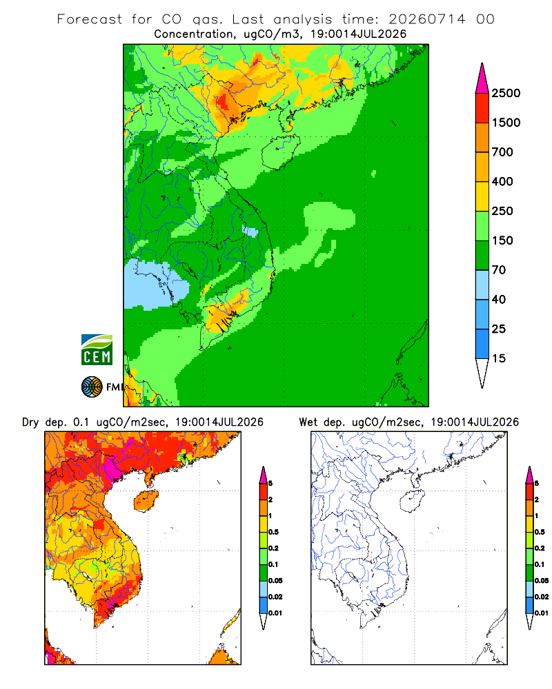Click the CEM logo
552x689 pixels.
pyautogui.click(x=97, y=350)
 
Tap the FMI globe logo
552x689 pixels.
pyautogui.click(x=92, y=387)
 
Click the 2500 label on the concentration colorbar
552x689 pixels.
pyautogui.click(x=506, y=93)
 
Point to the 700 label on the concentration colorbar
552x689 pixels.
pyautogui.click(x=502, y=152)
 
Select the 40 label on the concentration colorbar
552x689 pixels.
pyautogui.click(x=499, y=299)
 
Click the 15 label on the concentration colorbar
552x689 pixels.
pyautogui.click(x=499, y=358)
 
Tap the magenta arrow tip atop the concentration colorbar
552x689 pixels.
pyautogui.click(x=482, y=79)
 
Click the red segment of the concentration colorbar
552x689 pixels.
pyautogui.click(x=482, y=108)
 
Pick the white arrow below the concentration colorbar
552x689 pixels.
pyautogui.click(x=482, y=373)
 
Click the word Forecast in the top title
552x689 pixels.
pyautogui.click(x=90, y=19)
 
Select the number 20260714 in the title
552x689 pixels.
pyautogui.click(x=426, y=19)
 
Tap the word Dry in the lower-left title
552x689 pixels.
pyautogui.click(x=30, y=422)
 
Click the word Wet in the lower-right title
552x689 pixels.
pyautogui.click(x=308, y=422)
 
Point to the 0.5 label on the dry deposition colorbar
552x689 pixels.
pyautogui.click(x=273, y=532)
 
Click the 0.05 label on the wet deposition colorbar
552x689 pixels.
pyautogui.click(x=542, y=580)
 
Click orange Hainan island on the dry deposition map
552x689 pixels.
pyautogui.click(x=146, y=501)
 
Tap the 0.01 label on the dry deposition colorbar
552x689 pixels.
pyautogui.click(x=275, y=613)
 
